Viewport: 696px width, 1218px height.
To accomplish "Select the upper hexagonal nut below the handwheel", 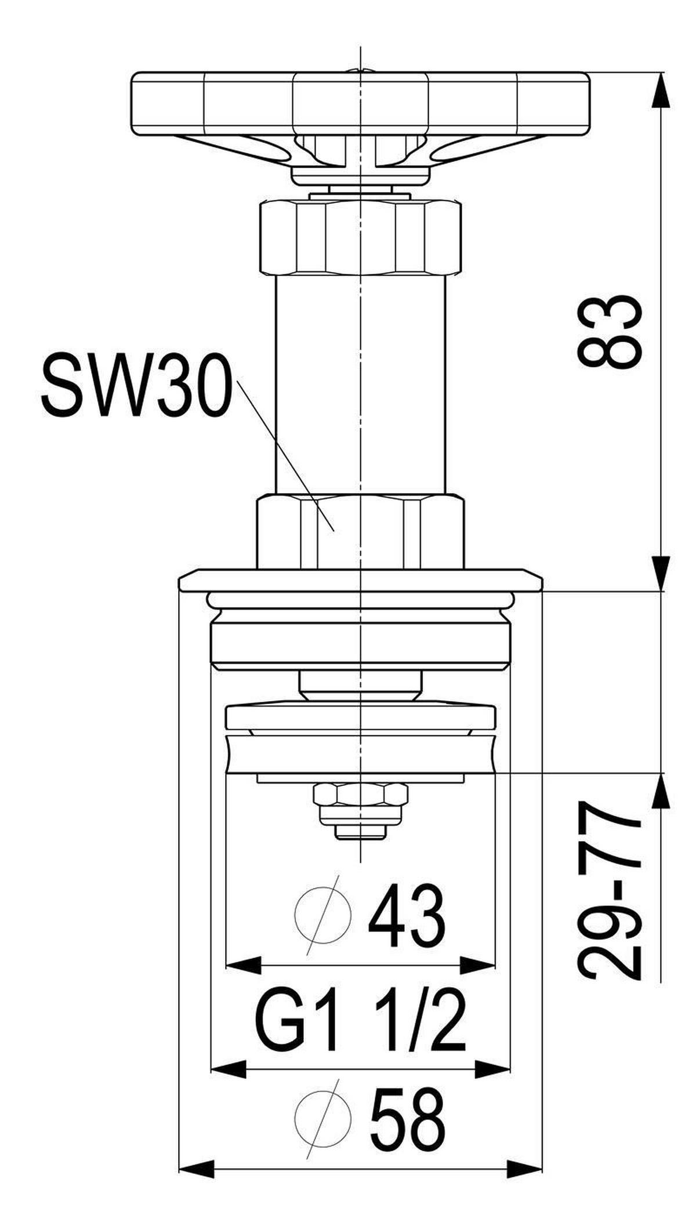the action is [x=360, y=238].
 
